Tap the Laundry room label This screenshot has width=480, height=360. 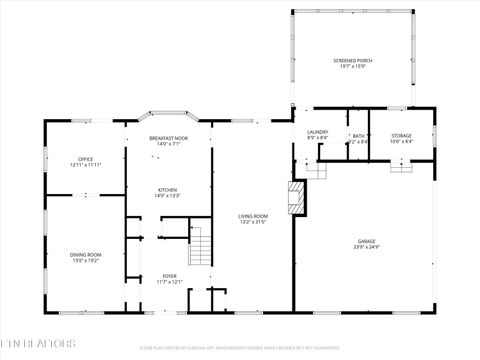tap(318, 131)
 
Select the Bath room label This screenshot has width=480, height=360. tap(358, 136)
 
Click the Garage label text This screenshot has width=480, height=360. tap(367, 241)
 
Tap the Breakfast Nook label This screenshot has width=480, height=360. tap(168, 138)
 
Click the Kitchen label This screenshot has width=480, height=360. tap(168, 189)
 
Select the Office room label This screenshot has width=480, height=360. tap(86, 158)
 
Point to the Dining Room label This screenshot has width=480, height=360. tap(85, 255)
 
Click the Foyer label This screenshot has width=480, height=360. tap(169, 275)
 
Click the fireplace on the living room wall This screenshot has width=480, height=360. tap(296, 197)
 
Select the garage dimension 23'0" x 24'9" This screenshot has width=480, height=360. tap(367, 247)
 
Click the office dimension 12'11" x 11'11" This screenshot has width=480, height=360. tap(86, 164)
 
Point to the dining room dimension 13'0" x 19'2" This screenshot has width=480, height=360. tap(85, 261)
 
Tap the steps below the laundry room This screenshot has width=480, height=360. tap(317, 170)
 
